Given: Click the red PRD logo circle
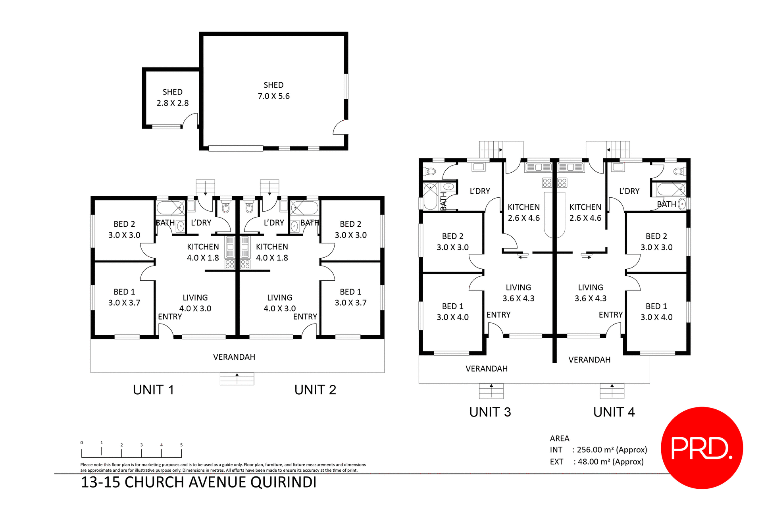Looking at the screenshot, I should [702, 447].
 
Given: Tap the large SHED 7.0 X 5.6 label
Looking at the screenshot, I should [273, 91].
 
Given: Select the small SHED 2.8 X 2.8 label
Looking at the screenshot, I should [173, 98].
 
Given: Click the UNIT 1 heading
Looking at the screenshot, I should [153, 390].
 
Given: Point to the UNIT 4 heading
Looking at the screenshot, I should [614, 412].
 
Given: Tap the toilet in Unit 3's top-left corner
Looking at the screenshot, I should [431, 172].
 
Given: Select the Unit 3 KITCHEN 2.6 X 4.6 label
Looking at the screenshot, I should [523, 212].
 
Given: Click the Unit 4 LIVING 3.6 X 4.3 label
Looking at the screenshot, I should [590, 293].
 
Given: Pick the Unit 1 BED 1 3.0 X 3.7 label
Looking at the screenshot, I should [124, 297].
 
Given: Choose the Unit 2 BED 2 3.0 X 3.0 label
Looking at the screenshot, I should [350, 229].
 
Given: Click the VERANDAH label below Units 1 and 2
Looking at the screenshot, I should [234, 357].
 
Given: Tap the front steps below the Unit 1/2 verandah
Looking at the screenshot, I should [237, 379].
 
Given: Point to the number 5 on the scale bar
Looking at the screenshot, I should [181, 445].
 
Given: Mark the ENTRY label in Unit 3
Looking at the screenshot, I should [498, 315].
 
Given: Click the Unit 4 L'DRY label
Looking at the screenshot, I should [629, 191].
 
